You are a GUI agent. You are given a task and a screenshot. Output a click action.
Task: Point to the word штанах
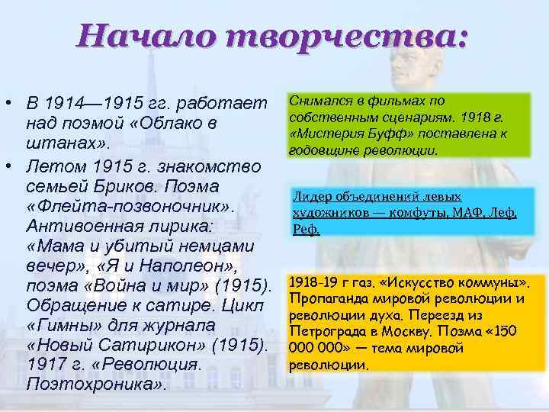coord(65,144)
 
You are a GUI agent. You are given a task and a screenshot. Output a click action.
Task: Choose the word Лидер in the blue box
coord(310,197)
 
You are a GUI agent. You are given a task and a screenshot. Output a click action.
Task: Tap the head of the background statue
coord(416,27)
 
